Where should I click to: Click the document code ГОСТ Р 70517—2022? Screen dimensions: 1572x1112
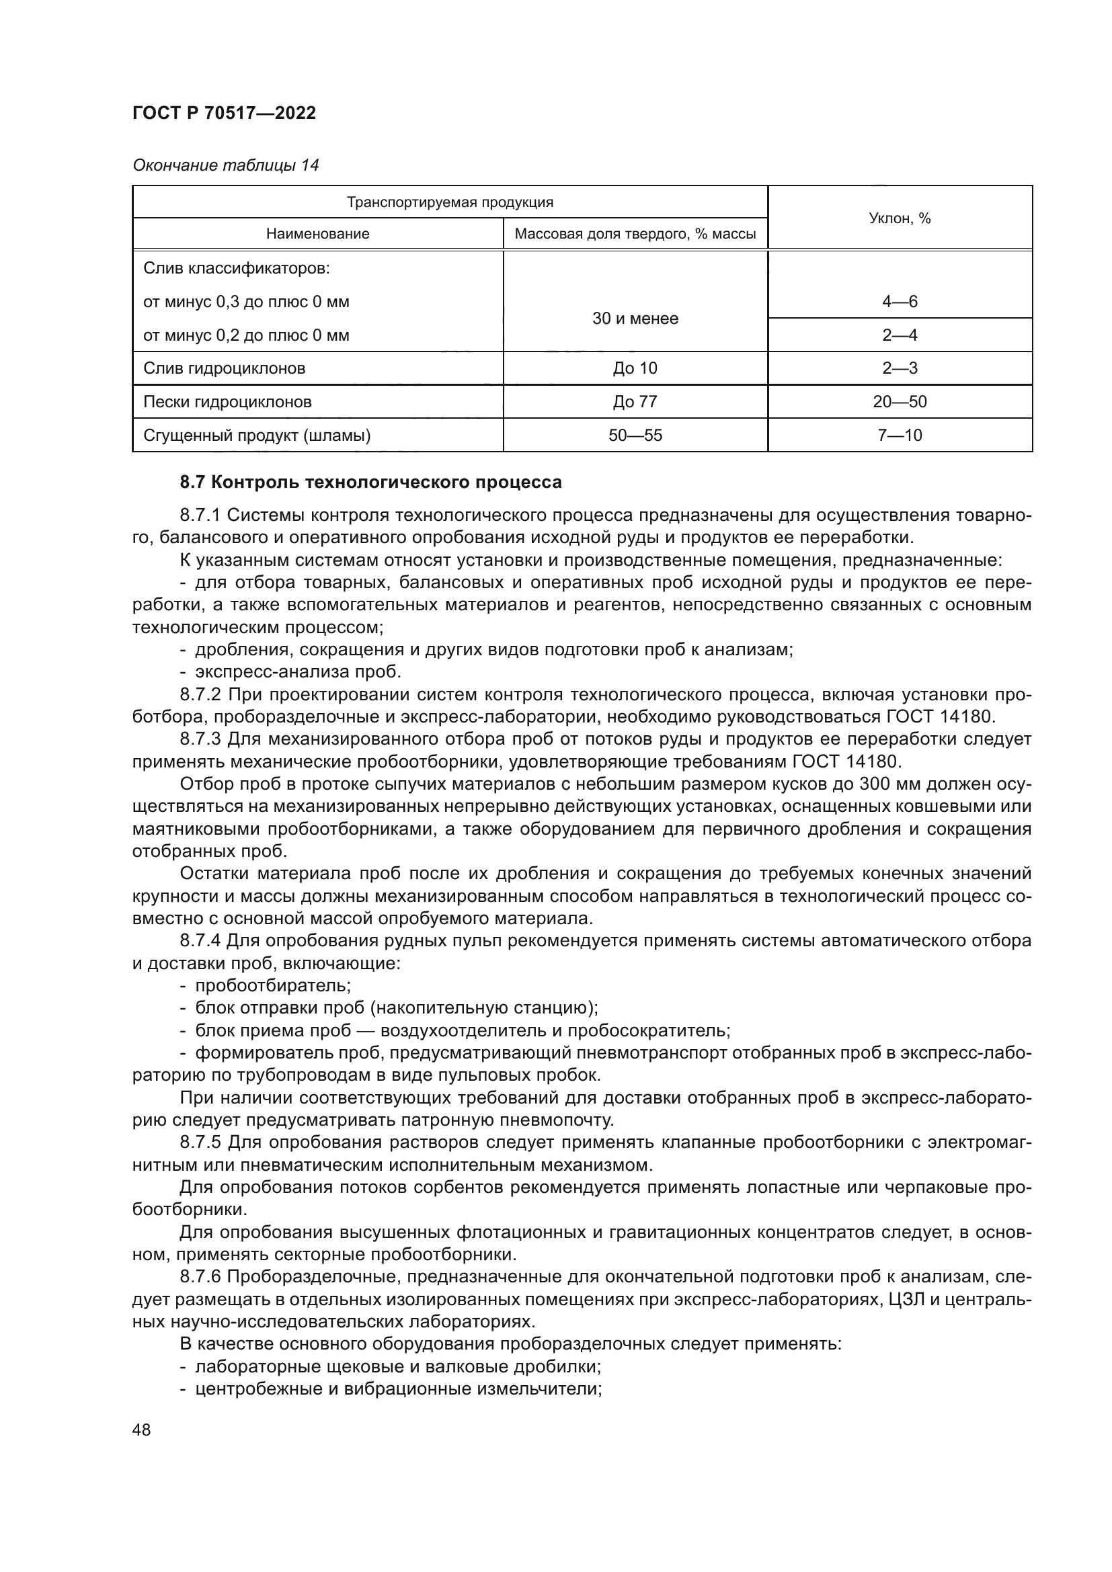coord(224,114)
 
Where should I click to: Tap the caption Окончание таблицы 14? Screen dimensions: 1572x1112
coord(225,165)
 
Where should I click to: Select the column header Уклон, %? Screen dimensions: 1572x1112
coord(899,218)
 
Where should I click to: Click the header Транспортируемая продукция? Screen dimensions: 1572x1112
coord(450,202)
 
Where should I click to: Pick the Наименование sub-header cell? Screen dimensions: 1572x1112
coord(318,234)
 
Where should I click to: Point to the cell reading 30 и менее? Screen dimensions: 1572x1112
coord(635,319)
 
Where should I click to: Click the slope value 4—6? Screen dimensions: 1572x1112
coord(899,302)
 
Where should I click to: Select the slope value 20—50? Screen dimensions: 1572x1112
coord(899,402)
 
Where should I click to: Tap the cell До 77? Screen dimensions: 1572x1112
coord(635,402)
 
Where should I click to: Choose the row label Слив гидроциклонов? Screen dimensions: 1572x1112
coord(224,368)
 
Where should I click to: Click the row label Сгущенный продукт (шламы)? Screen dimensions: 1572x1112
coord(257,436)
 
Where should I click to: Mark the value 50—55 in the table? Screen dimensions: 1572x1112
coord(635,436)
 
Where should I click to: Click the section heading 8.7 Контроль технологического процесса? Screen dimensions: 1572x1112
coord(370,483)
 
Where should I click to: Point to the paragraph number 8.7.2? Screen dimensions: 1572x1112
coord(200,695)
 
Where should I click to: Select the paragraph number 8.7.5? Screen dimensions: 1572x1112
coord(200,1143)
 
